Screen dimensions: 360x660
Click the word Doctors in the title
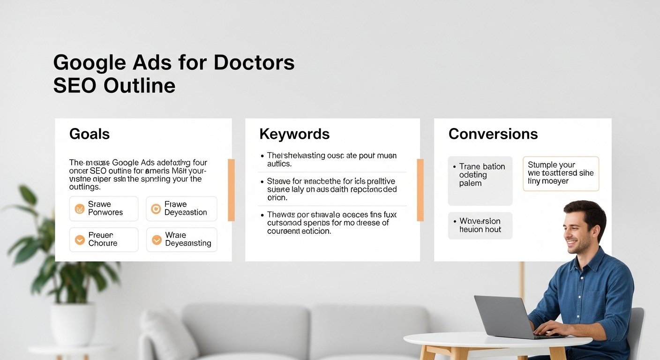[254, 62]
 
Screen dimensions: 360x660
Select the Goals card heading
[89, 134]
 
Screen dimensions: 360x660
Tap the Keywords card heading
[294, 134]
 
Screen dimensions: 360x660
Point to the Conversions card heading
[493, 134]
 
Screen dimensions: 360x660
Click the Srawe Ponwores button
[104, 208]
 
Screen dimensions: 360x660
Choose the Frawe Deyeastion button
[181, 208]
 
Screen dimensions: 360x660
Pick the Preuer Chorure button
[104, 239]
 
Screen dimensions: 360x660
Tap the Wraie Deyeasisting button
[181, 239]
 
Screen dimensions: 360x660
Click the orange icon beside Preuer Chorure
[80, 240]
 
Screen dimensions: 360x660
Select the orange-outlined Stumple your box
[561, 173]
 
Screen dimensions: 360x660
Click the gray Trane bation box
[480, 180]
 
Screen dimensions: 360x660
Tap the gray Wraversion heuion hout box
[480, 225]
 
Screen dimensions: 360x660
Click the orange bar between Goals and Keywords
[231, 190]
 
